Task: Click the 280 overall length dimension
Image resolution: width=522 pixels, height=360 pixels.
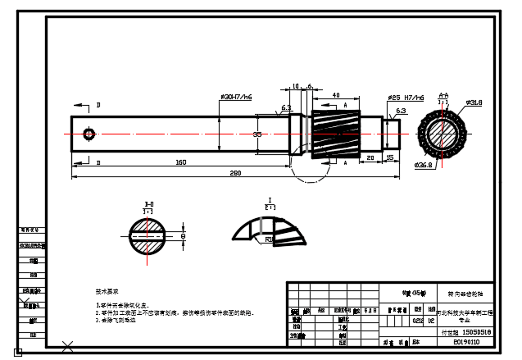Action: pyautogui.click(x=236, y=173)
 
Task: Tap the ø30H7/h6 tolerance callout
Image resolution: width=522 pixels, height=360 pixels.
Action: pyautogui.click(x=236, y=97)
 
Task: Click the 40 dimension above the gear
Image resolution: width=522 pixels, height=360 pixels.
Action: pyautogui.click(x=337, y=95)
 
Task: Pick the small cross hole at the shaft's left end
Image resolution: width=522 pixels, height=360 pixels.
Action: pyautogui.click(x=89, y=133)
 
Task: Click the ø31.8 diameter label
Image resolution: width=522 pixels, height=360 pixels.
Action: pyautogui.click(x=474, y=103)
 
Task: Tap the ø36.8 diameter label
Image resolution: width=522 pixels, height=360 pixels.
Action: pyautogui.click(x=424, y=165)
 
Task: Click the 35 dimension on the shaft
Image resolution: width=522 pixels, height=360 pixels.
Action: pyautogui.click(x=257, y=133)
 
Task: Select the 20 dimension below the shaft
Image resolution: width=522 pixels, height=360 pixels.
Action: pyautogui.click(x=370, y=157)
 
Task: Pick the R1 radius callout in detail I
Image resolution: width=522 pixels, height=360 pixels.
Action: pyautogui.click(x=269, y=239)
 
